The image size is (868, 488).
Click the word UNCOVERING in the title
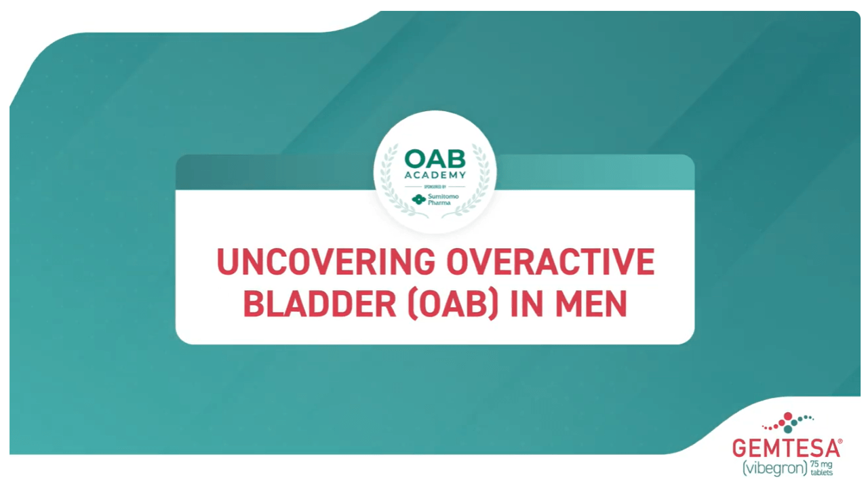coord(326,262)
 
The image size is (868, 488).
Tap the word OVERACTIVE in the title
coord(551,262)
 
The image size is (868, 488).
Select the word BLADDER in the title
coord(319,304)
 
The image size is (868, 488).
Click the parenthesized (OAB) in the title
coord(452,304)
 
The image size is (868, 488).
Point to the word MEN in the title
coord(591,304)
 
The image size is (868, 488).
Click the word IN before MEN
coord(526,304)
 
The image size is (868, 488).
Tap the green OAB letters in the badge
coord(435,159)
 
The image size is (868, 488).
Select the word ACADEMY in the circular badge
coord(435,175)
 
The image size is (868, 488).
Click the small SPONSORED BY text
coord(435,186)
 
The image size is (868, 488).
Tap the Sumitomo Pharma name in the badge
coord(443,199)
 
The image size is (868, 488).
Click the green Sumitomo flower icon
coord(418,199)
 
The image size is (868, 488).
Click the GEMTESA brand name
coord(786,449)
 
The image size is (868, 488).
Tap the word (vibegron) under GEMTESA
coord(774,468)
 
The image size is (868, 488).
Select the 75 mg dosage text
coord(821,464)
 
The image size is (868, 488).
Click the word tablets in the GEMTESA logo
coord(821,472)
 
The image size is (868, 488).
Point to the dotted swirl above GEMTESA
coord(787,422)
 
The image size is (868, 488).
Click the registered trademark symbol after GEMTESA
coord(840,441)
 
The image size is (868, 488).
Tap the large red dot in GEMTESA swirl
coord(788,416)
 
